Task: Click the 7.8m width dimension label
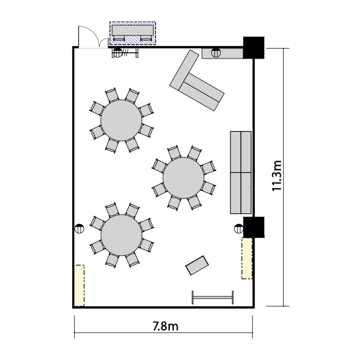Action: click(x=166, y=326)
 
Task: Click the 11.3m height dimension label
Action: click(x=276, y=176)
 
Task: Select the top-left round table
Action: click(x=121, y=120)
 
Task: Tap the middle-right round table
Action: click(x=183, y=178)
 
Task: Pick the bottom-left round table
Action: click(x=121, y=235)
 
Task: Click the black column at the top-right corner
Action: click(x=254, y=48)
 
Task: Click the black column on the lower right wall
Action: click(x=254, y=227)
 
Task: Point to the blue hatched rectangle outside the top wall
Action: click(x=132, y=33)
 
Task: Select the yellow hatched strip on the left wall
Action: click(x=79, y=286)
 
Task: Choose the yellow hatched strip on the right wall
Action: click(x=247, y=259)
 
